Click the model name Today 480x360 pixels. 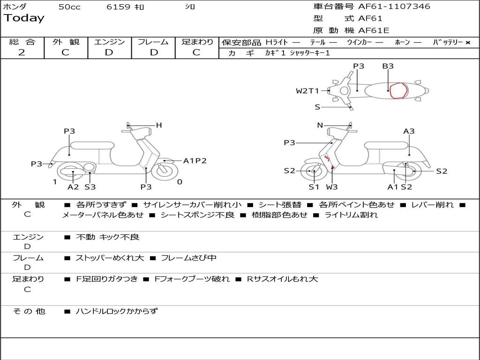click(x=24, y=18)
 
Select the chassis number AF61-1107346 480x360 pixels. click(x=394, y=7)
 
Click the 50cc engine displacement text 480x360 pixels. click(x=69, y=7)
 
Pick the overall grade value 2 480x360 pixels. click(x=22, y=52)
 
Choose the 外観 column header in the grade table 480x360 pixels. click(x=66, y=42)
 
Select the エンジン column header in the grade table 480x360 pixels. click(x=109, y=42)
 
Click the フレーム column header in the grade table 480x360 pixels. click(x=153, y=42)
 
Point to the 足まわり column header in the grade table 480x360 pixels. click(x=197, y=42)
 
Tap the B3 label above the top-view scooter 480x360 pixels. click(x=388, y=66)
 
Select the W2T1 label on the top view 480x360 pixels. click(x=307, y=91)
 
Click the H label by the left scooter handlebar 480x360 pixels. click(x=159, y=125)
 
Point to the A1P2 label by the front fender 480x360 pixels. click(x=195, y=161)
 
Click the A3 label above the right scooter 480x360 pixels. click(x=409, y=131)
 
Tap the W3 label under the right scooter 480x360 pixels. click(x=332, y=187)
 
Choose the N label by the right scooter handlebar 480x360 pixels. click(x=320, y=125)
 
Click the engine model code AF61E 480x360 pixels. click(x=374, y=30)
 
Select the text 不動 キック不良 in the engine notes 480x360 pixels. click(x=107, y=237)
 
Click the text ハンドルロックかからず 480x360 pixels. click(x=117, y=311)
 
